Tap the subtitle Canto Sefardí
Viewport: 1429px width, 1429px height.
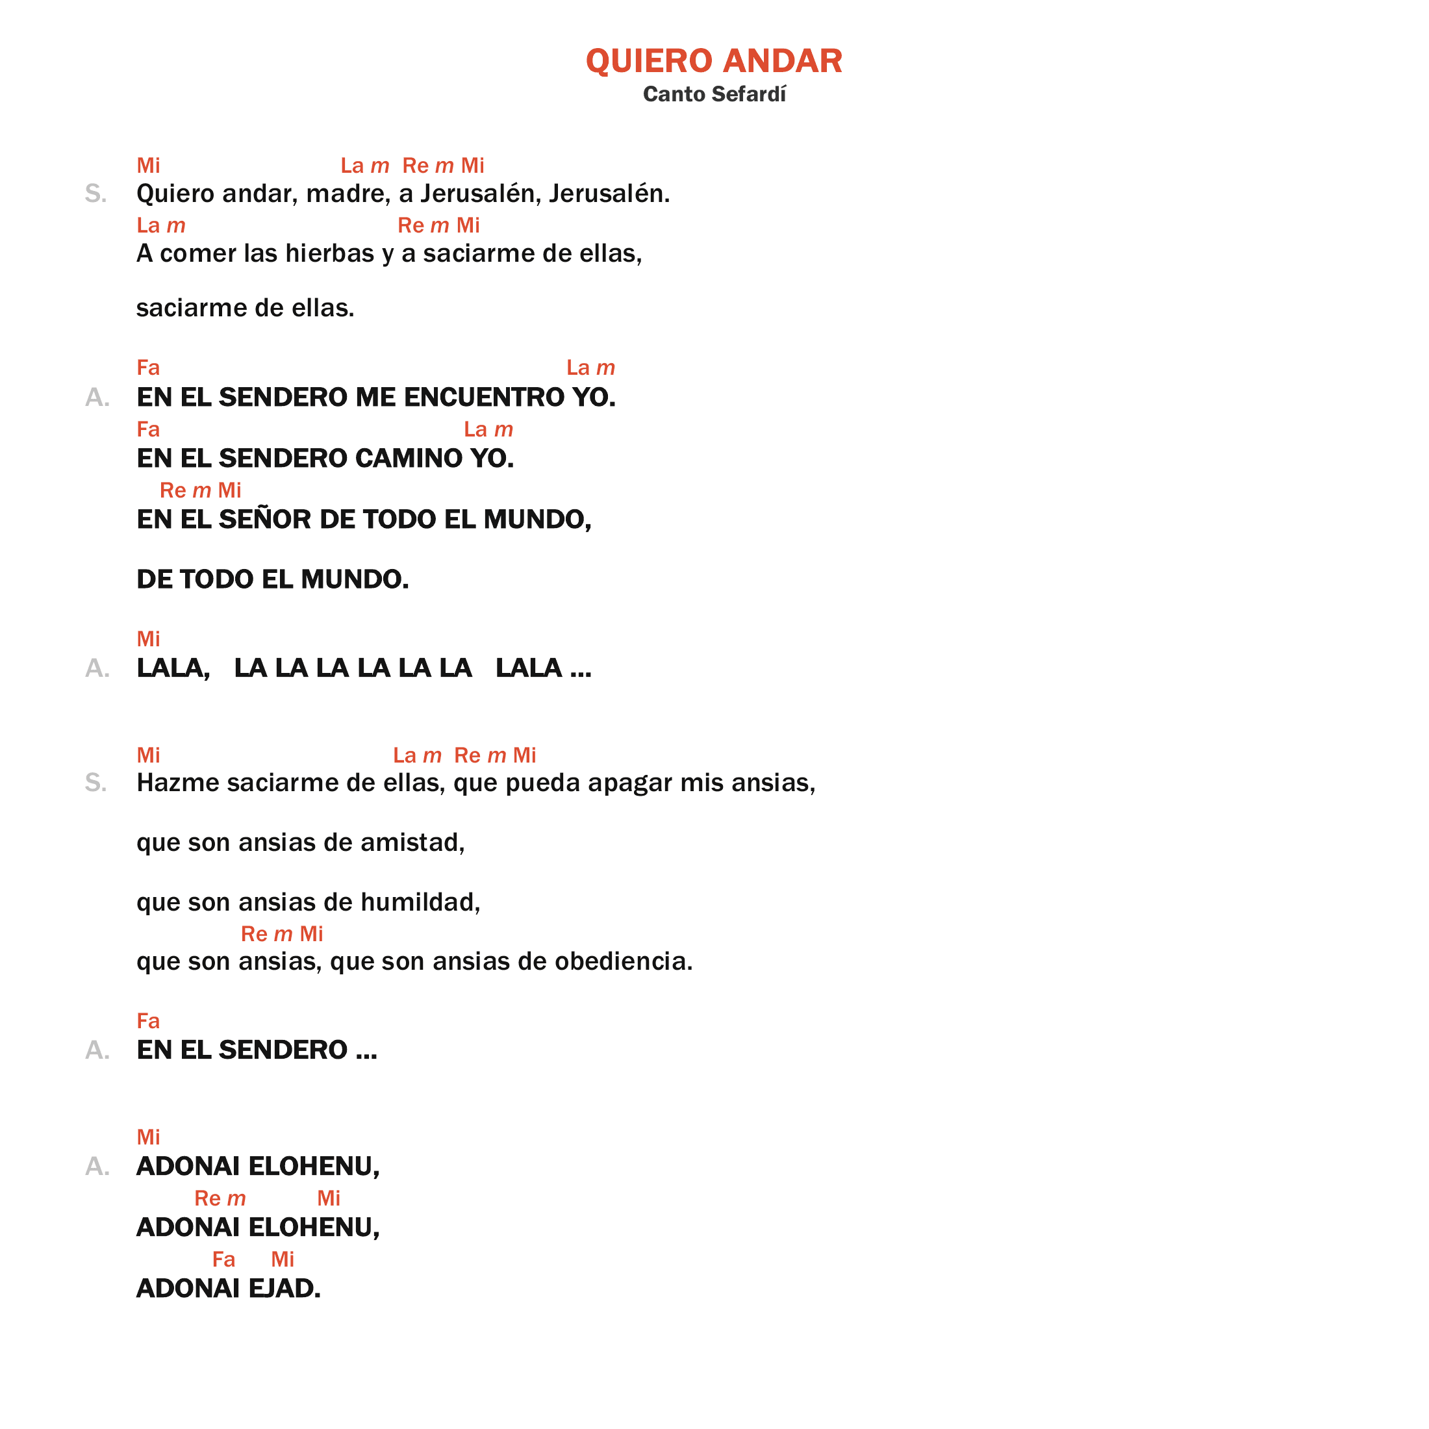click(714, 94)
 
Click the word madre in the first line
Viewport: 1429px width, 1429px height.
click(347, 194)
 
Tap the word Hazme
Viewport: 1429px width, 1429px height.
click(178, 783)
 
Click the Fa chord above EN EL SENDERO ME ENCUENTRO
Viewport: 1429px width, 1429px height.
click(148, 368)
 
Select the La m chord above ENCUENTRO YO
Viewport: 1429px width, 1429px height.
click(590, 368)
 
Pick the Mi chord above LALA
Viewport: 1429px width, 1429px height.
click(148, 639)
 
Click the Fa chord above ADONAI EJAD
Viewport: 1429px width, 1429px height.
click(223, 1259)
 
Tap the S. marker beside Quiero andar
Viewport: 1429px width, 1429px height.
click(95, 194)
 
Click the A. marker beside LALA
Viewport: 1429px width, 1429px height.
click(97, 668)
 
